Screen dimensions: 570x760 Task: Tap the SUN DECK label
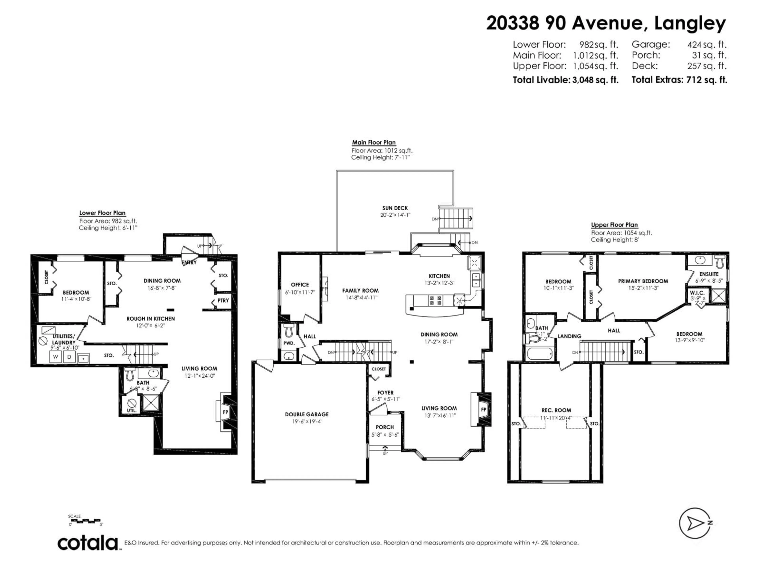395,208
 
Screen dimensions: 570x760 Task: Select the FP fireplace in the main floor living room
484,409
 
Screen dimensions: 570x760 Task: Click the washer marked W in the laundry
55,357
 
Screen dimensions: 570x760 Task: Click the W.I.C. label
697,293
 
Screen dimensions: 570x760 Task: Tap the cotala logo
88,543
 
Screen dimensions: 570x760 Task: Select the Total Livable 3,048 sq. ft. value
595,80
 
